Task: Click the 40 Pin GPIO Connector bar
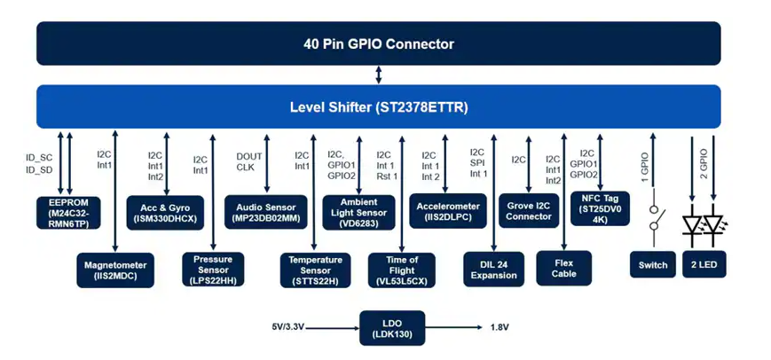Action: point(379,43)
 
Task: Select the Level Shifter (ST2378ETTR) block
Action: point(379,107)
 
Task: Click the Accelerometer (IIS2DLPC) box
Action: point(448,209)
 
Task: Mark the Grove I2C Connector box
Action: point(529,209)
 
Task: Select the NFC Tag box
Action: point(600,208)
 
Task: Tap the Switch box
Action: point(653,265)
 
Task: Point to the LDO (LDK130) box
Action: point(390,328)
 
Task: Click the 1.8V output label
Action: point(500,328)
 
